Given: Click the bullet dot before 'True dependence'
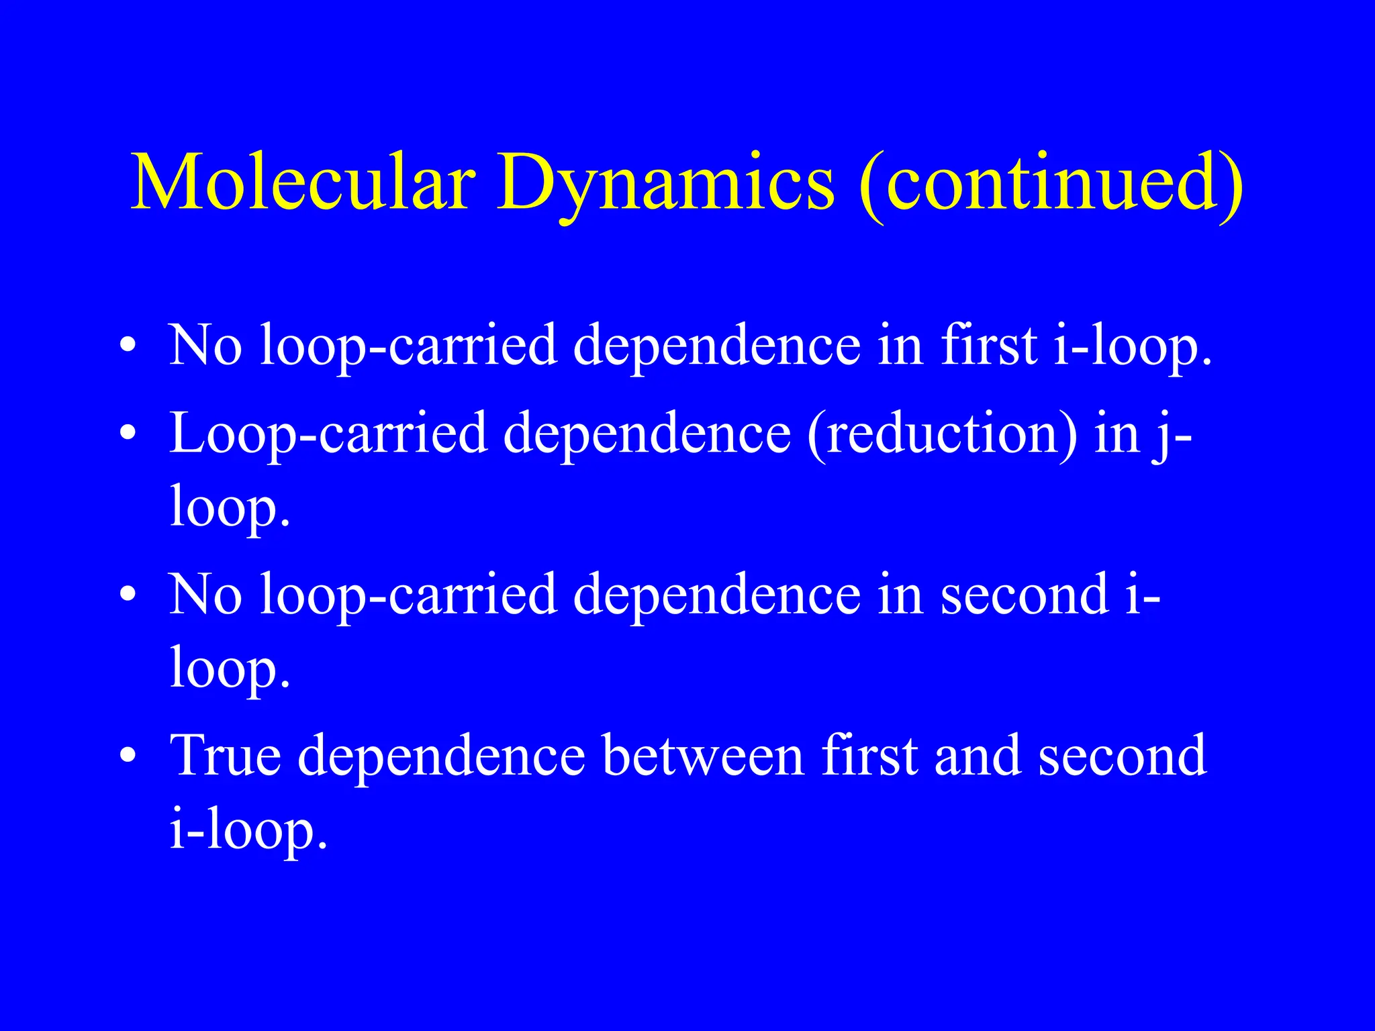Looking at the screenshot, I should pos(128,756).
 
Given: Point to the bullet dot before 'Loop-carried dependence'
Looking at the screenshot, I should pos(128,434).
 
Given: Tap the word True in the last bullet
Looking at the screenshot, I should pos(226,756).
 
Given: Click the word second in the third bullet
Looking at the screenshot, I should pos(1025,594).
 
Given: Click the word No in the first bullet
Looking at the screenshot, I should pos(205,346).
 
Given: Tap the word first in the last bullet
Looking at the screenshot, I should pos(870,756).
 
